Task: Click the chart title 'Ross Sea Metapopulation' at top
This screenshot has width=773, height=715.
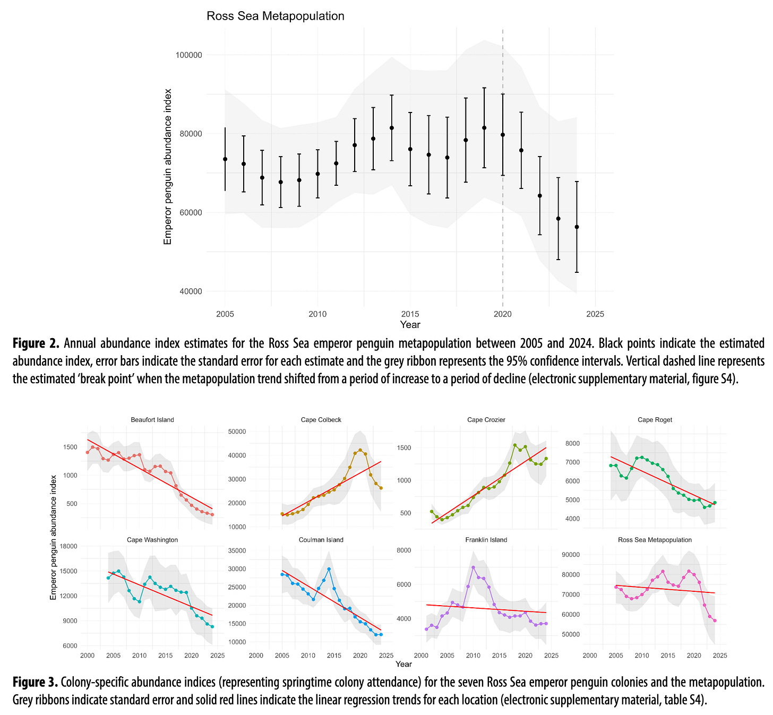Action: [275, 16]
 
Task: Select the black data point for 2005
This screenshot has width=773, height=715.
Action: [225, 159]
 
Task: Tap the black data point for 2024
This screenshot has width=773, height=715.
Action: [577, 227]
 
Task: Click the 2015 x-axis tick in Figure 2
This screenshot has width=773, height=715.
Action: [410, 314]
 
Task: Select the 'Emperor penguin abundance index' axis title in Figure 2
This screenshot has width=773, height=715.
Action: [168, 167]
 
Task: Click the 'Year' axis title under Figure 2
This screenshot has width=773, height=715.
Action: [410, 325]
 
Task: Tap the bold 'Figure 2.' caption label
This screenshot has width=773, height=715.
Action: [36, 343]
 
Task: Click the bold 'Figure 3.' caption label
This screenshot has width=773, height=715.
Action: [36, 682]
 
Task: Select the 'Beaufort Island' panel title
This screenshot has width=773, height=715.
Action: [152, 420]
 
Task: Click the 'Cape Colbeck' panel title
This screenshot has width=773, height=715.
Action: [321, 420]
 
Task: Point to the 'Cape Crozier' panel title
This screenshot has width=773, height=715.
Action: [486, 420]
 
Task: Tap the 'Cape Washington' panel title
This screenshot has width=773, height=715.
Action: [152, 540]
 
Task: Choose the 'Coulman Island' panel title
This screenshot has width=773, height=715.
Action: [321, 540]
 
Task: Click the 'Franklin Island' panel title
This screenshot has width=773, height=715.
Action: [486, 540]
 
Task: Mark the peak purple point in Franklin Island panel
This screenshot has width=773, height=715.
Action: [473, 567]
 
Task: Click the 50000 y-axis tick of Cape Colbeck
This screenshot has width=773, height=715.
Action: [236, 432]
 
